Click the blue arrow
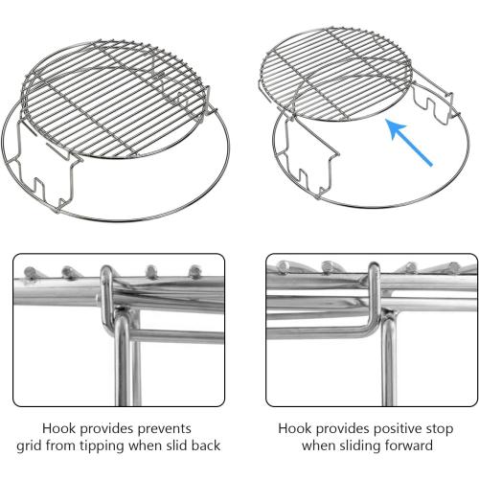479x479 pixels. pos(409,142)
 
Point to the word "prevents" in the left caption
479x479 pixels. pos(164,429)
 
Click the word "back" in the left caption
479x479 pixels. pos(206,445)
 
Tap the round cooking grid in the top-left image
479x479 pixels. pos(116,99)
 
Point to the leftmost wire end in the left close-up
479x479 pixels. pos(30,272)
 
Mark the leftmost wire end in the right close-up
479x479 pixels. pos(283,266)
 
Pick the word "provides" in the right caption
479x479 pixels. pos(338,429)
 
